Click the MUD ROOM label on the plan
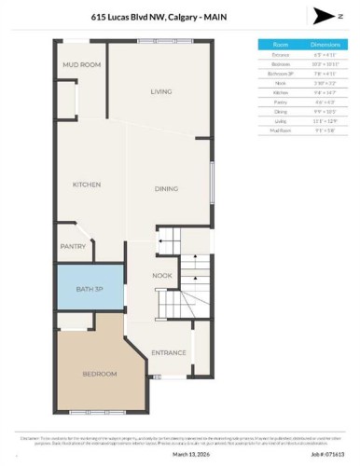pos(81,64)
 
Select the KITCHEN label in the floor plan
pos(86,185)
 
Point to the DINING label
pos(166,189)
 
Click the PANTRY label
pos(74,247)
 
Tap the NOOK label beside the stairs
pos(162,276)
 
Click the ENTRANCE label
pos(169,353)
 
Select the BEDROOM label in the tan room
pos(100,374)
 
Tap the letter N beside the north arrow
pos(342,16)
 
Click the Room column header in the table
pos(280,43)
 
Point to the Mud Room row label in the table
pos(280,130)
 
